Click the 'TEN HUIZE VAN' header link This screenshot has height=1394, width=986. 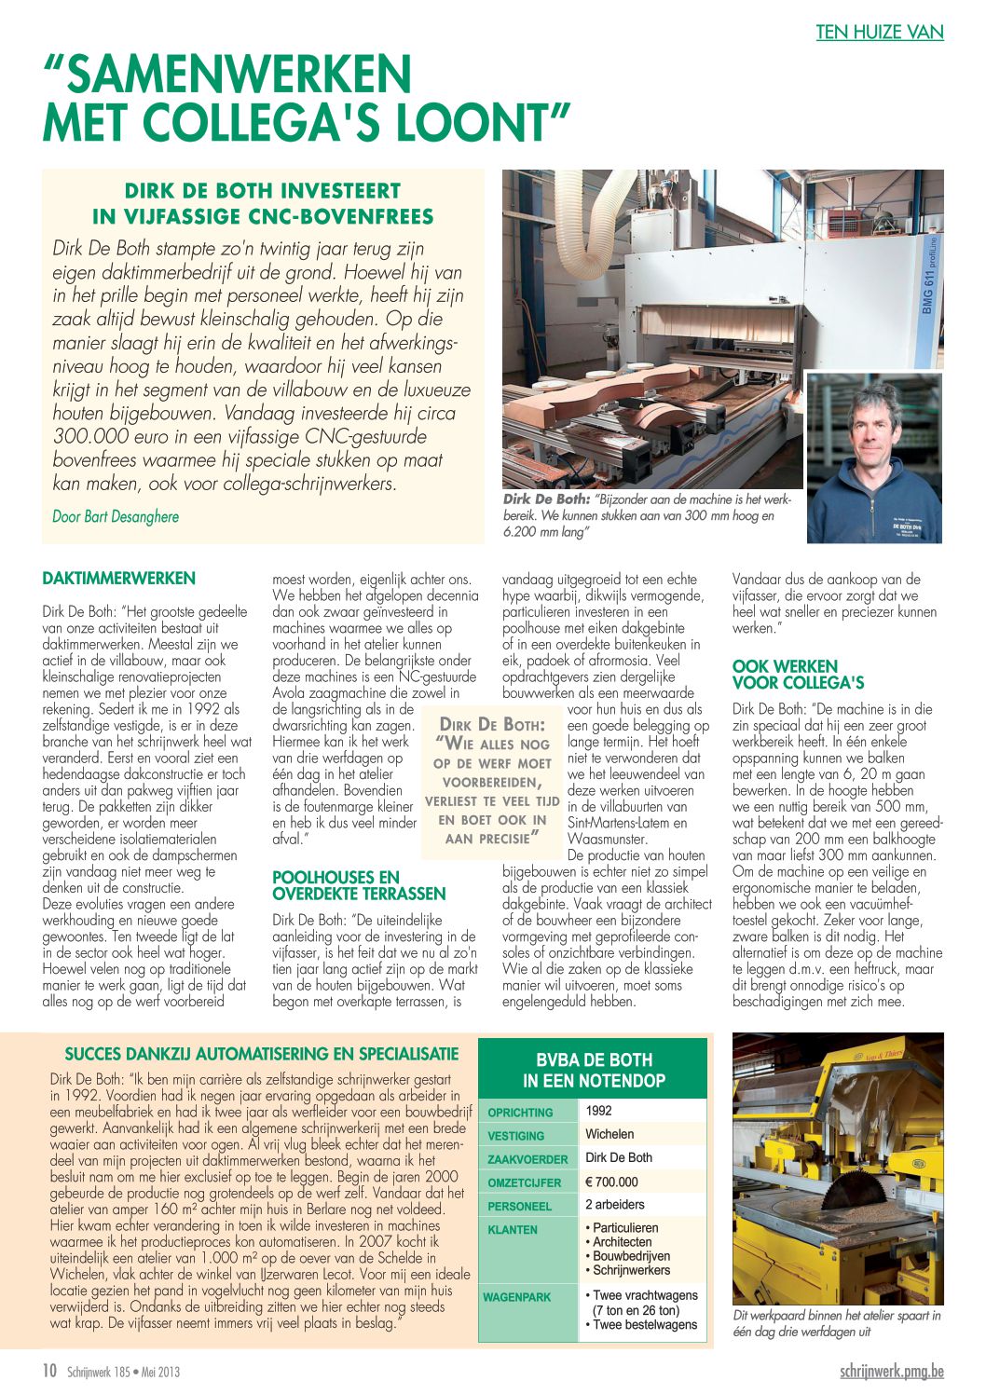click(x=879, y=33)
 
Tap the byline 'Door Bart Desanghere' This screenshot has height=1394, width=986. click(x=116, y=516)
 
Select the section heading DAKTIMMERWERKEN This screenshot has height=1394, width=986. click(x=118, y=579)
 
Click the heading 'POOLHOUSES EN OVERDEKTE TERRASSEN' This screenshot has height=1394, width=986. click(x=359, y=885)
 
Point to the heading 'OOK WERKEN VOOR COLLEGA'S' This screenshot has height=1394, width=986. click(x=798, y=674)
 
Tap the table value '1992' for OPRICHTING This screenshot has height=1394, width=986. click(x=598, y=1111)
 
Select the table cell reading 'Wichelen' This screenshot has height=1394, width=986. click(x=609, y=1134)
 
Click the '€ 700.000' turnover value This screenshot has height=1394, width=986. click(x=611, y=1182)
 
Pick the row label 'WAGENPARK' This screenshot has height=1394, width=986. click(x=516, y=1297)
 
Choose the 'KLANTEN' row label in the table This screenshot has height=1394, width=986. click(x=513, y=1229)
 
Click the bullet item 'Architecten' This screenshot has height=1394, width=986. click(x=622, y=1242)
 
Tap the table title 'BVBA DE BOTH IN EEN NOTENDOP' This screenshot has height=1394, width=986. click(x=594, y=1071)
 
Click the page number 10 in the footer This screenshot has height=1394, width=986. click(x=50, y=1370)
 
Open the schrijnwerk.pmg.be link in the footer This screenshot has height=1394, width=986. click(x=891, y=1372)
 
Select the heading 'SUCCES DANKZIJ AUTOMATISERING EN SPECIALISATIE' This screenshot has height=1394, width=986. click(x=262, y=1054)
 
